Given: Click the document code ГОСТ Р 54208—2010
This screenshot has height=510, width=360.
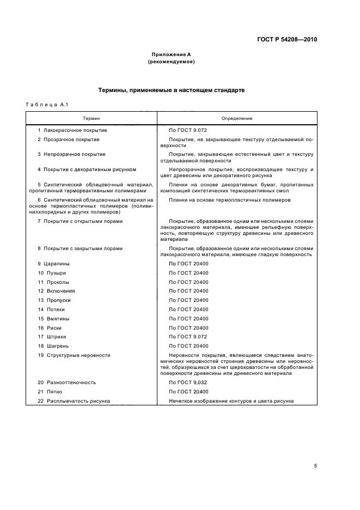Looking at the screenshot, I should [x=287, y=40].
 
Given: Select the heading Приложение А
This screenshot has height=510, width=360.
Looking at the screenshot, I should [x=171, y=54].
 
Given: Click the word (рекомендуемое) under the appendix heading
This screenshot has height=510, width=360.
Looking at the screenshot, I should [x=171, y=62].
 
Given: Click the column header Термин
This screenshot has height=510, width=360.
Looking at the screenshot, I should [x=91, y=118].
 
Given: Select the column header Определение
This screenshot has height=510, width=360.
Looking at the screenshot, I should [x=236, y=118].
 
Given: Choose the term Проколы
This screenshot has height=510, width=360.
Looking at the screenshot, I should [x=58, y=282].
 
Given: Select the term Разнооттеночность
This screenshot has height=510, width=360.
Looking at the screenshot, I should [x=70, y=382].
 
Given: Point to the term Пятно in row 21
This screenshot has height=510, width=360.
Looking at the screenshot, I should [x=54, y=392].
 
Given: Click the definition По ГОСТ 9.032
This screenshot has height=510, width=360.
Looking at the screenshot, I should [x=188, y=382].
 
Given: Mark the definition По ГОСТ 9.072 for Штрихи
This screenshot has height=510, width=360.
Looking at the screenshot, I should [x=188, y=337].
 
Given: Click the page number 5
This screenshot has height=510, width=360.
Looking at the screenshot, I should [x=315, y=466].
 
